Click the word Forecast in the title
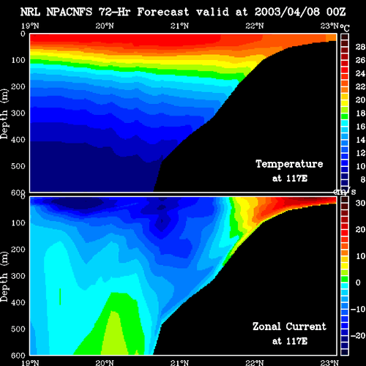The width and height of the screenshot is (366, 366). pyautogui.click(x=163, y=12)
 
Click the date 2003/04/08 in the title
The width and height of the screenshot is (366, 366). pyautogui.click(x=287, y=12)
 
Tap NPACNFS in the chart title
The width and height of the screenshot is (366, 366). pyautogui.click(x=70, y=12)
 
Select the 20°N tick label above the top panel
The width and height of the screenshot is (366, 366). pyautogui.click(x=105, y=26)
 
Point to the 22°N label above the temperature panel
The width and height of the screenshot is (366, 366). pyautogui.click(x=255, y=26)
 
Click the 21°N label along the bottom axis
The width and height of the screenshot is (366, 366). pyautogui.click(x=179, y=362)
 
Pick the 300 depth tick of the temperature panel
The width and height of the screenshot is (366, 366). pyautogui.click(x=18, y=113)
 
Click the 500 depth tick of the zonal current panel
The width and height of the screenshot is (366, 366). pyautogui.click(x=18, y=329)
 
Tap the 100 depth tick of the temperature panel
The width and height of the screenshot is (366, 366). pyautogui.click(x=18, y=60)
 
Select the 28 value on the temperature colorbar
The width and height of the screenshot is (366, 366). pyautogui.click(x=360, y=47)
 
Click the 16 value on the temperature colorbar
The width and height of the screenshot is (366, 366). pyautogui.click(x=360, y=127)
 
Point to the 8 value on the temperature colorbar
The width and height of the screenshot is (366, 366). pyautogui.click(x=363, y=179)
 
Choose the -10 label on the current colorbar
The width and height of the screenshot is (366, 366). pyautogui.click(x=358, y=309)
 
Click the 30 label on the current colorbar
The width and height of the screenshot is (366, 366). pyautogui.click(x=360, y=203)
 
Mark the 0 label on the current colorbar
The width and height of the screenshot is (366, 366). pyautogui.click(x=358, y=283)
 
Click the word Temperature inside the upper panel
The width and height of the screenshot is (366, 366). pyautogui.click(x=289, y=164)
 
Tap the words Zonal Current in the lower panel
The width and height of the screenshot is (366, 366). pyautogui.click(x=289, y=326)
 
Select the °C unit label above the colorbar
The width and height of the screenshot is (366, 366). pyautogui.click(x=345, y=28)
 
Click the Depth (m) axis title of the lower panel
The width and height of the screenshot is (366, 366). pyautogui.click(x=4, y=277)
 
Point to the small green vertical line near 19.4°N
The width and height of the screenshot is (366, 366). pyautogui.click(x=60, y=296)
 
